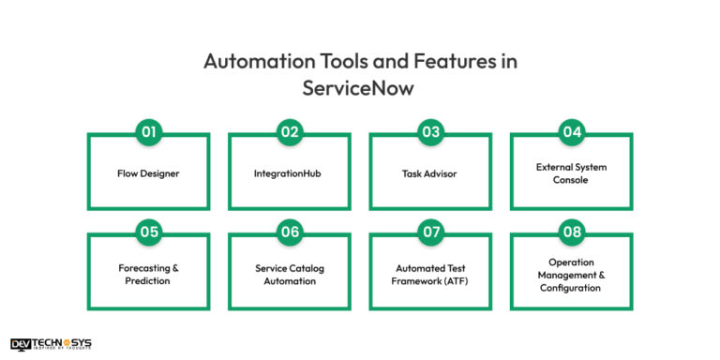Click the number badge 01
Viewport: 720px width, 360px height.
tap(148, 132)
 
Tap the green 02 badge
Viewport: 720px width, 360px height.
tap(290, 132)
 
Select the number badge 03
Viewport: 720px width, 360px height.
tap(430, 132)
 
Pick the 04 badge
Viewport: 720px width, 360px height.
tap(571, 132)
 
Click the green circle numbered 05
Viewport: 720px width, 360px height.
tap(148, 232)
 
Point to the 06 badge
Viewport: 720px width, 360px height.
tap(290, 232)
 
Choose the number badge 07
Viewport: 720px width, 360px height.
tap(430, 232)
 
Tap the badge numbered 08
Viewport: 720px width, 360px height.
tap(571, 232)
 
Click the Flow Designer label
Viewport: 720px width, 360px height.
tap(148, 173)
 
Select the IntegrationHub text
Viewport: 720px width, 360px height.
tap(290, 173)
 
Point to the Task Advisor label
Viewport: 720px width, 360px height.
tap(430, 173)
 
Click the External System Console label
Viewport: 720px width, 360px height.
tap(571, 173)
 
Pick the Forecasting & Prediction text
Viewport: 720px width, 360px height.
tap(148, 274)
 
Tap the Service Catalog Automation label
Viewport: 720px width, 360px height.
tap(290, 274)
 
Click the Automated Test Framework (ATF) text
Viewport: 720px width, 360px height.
tap(430, 274)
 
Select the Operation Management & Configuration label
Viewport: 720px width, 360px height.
tap(571, 274)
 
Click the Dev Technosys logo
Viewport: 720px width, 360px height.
tap(51, 344)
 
